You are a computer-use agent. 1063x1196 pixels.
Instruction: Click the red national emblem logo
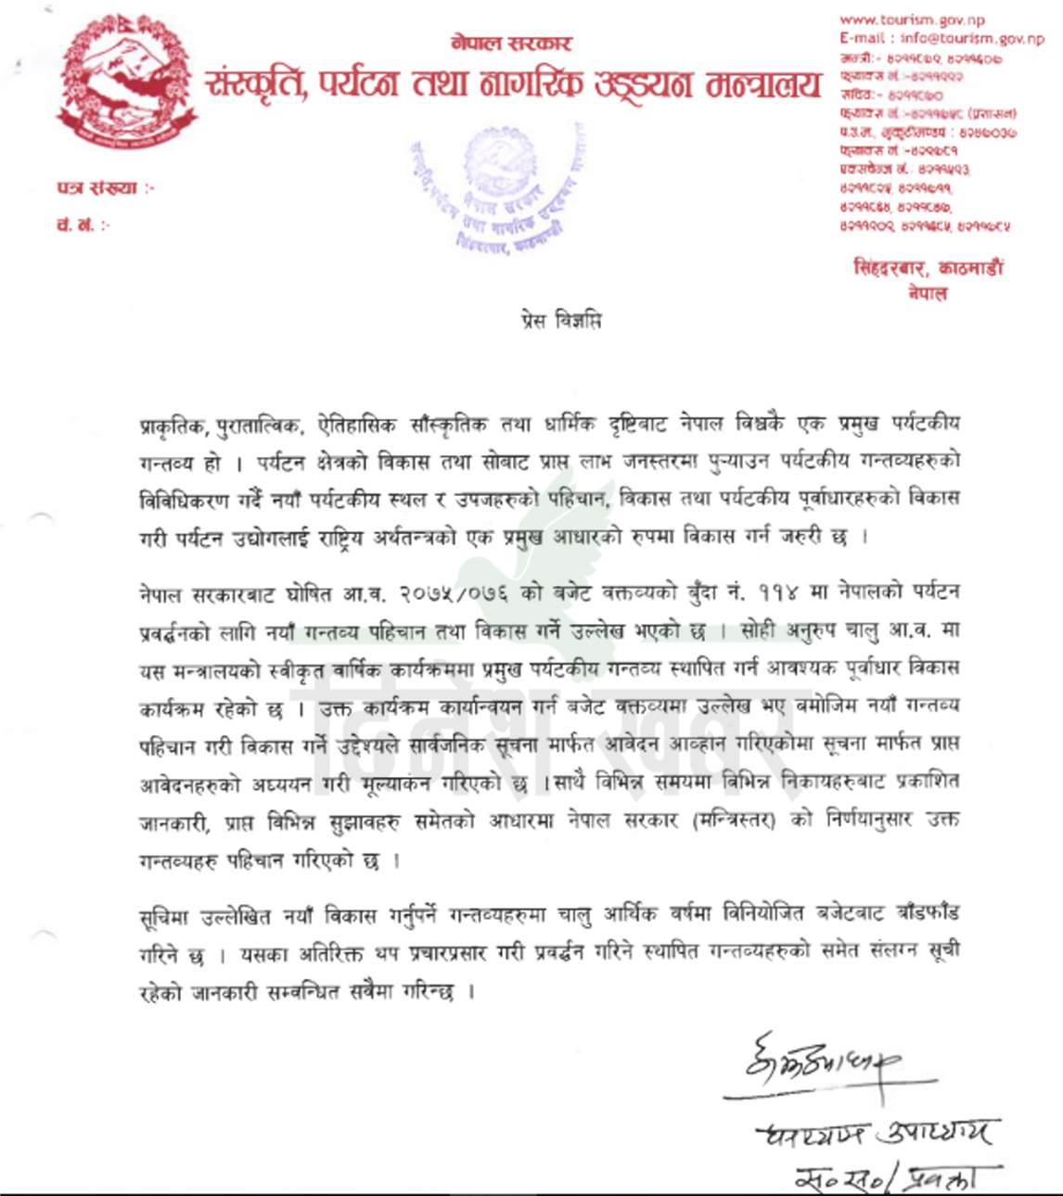(127, 84)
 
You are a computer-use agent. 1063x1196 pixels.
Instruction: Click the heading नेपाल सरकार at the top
(511, 44)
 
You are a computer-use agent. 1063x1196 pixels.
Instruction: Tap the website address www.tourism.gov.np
(912, 20)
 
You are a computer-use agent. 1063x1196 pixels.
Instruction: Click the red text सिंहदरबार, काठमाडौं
(929, 269)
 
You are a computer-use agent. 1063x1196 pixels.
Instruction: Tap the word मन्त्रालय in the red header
(763, 85)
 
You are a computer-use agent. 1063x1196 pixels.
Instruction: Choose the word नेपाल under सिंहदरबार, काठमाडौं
(928, 293)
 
